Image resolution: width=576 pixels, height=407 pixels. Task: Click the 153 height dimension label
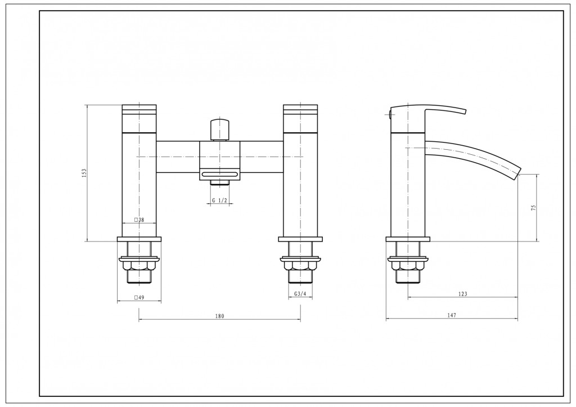tap(84, 173)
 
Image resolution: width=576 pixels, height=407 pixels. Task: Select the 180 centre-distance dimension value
tap(219, 316)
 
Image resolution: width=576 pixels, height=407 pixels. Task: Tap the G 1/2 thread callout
tap(220, 200)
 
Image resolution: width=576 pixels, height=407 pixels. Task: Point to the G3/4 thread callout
tap(300, 294)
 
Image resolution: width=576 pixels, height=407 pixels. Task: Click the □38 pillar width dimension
tap(139, 220)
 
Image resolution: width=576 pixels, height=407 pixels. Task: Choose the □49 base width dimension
tap(139, 297)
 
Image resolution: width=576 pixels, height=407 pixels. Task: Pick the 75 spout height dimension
tap(533, 208)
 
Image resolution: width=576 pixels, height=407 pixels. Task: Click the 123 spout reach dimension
tap(463, 293)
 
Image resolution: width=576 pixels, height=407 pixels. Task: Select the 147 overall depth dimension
tap(452, 315)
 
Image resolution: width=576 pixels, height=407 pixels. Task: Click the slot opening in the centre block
tap(220, 173)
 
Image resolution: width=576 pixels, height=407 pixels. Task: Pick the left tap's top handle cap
tap(139, 118)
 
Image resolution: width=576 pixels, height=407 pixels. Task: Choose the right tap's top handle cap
tap(300, 118)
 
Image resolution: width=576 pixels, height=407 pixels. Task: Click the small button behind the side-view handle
tap(389, 114)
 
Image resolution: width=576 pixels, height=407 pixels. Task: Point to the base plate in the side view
tap(408, 239)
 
